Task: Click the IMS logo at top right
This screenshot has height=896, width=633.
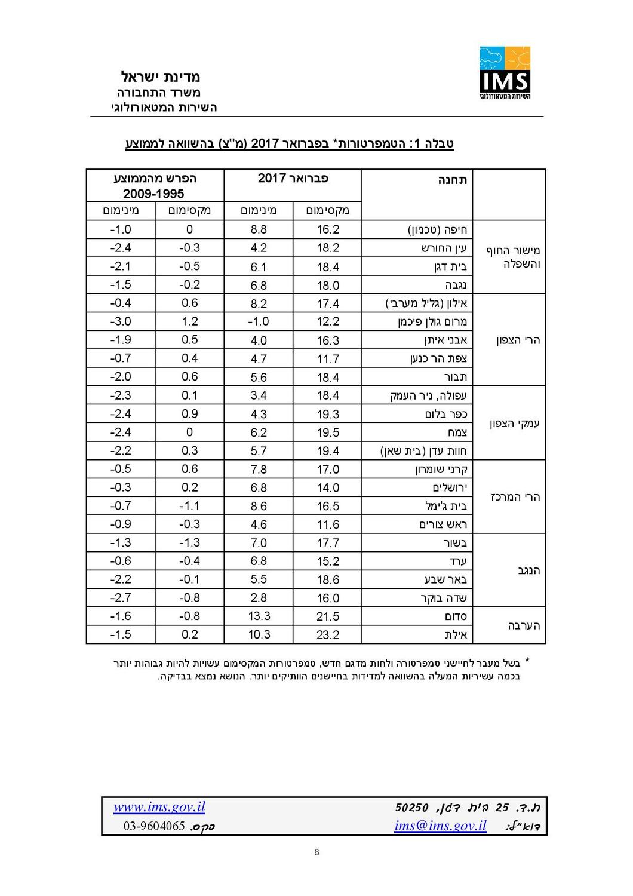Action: point(505,72)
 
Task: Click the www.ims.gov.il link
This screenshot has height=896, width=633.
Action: point(159,807)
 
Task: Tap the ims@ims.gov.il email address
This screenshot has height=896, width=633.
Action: point(440,826)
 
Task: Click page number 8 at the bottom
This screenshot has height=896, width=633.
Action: point(316,852)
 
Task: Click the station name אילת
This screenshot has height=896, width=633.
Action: point(456,635)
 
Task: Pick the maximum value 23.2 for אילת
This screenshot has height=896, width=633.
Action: point(328,635)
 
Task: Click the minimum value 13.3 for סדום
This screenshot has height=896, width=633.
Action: point(259,616)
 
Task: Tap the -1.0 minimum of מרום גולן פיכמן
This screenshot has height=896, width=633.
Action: point(258,321)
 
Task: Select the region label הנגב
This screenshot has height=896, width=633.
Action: point(528,570)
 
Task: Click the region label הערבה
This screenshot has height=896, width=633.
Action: point(524,625)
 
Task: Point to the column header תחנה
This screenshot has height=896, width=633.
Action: point(453,180)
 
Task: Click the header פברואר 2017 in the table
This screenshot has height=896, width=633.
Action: point(293,178)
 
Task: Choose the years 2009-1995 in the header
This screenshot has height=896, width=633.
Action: point(153,194)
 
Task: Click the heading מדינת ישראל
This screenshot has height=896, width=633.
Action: point(161,76)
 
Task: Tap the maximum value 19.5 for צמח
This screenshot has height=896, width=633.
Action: point(328,432)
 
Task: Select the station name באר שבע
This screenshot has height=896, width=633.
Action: point(445,580)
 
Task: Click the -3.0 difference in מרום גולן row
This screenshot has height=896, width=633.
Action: point(121,321)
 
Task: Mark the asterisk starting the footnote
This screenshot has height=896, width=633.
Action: point(527,662)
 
